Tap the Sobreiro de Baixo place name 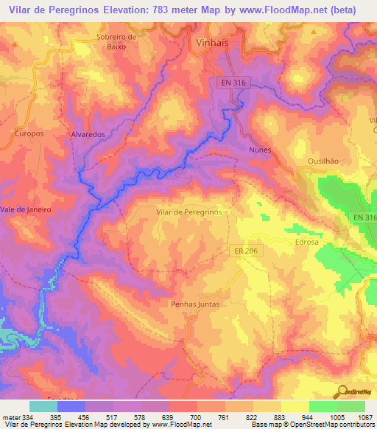(117, 41)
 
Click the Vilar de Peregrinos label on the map (189, 212)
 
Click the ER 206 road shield (245, 251)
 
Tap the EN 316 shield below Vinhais (233, 83)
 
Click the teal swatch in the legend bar (43, 406)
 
